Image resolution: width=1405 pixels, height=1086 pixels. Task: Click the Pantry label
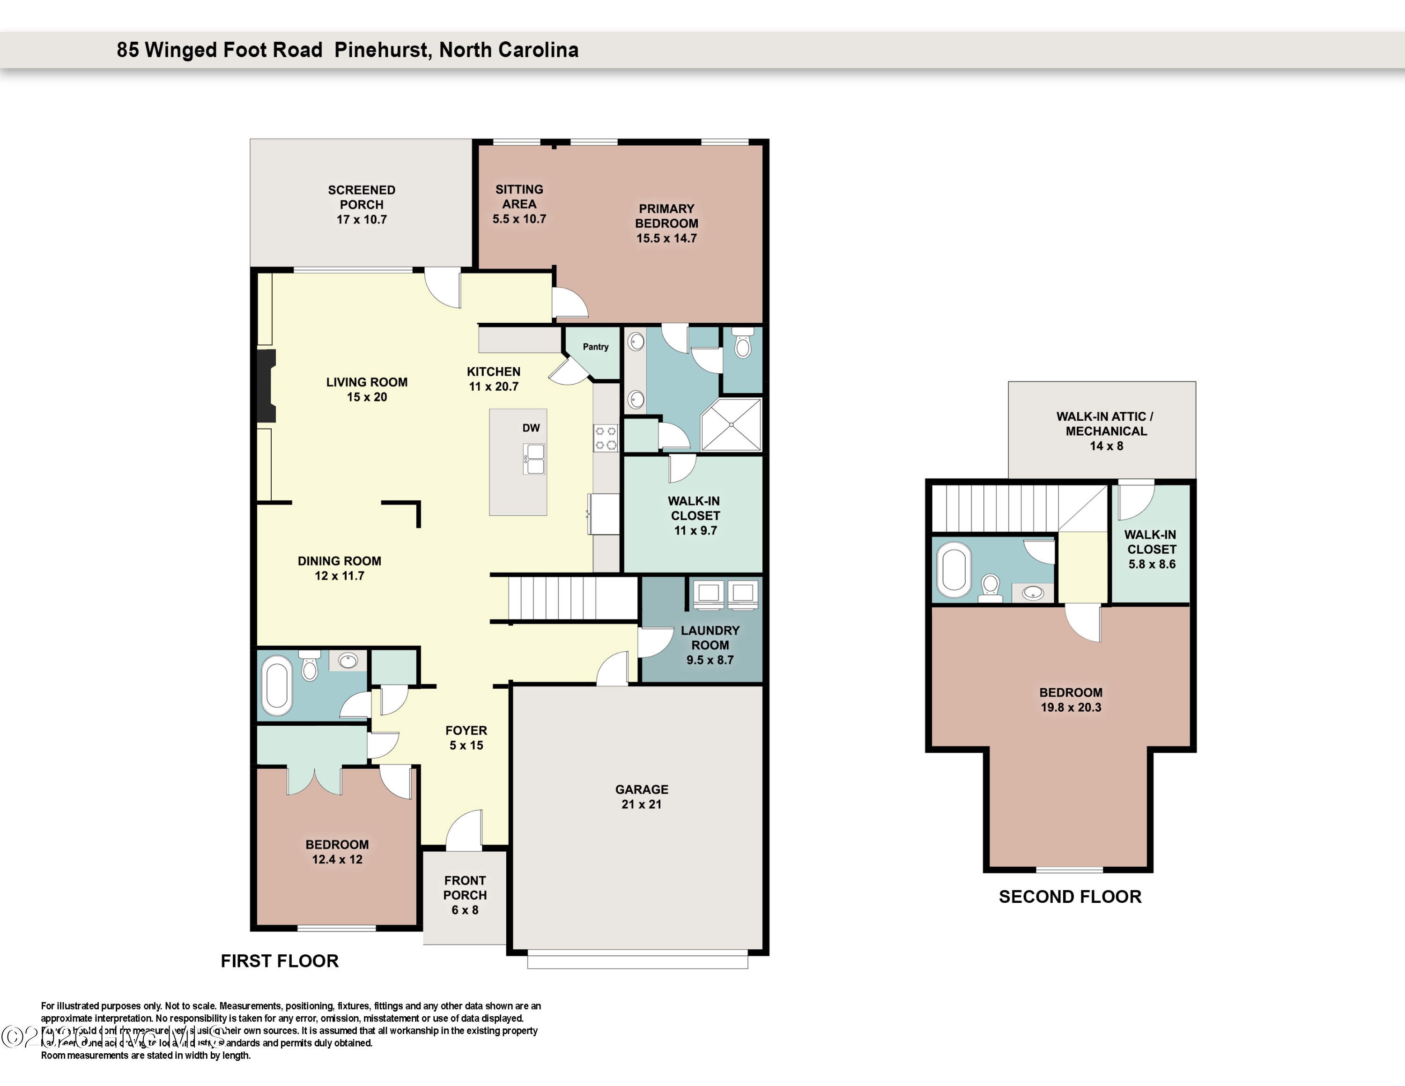coord(595,347)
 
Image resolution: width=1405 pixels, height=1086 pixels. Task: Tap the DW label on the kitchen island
coord(531,428)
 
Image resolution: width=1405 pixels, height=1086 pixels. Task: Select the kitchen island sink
coord(534,459)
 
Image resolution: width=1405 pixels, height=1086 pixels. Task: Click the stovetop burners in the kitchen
coord(606,438)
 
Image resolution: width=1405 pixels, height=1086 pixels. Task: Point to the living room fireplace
coord(266,386)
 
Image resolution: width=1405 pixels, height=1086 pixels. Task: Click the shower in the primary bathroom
coord(731,424)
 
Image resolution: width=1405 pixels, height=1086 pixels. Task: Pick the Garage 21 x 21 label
coord(642,796)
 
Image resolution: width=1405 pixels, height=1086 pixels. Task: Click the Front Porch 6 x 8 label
coord(465,895)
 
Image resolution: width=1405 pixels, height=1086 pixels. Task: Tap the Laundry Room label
coord(710,638)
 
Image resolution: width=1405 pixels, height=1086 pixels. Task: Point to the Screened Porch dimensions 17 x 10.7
coord(362,219)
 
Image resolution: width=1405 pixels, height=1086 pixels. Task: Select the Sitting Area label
coord(519,196)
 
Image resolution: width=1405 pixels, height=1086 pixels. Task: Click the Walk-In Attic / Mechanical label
coord(1105,424)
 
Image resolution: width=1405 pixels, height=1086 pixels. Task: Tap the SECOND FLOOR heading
coord(1069,897)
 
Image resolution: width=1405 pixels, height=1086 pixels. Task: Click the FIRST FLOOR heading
coord(279,961)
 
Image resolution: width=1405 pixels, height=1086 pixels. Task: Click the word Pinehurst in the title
coord(382,50)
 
